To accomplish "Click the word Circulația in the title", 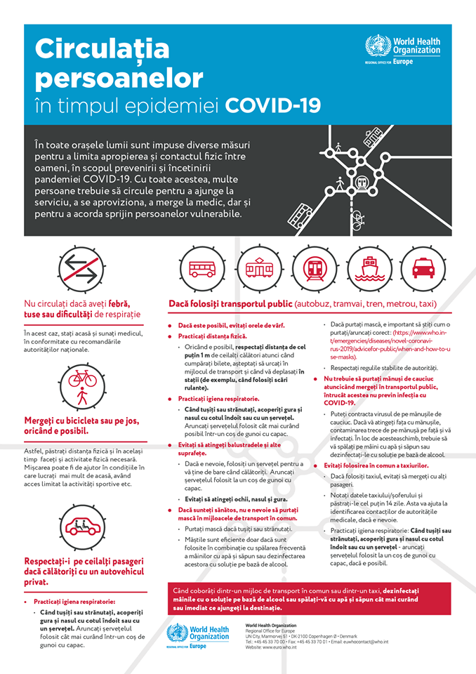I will [103, 48].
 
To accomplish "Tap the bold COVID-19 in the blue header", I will [273, 105].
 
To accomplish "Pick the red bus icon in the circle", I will [203, 268].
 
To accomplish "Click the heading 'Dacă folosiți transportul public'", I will [230, 304].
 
